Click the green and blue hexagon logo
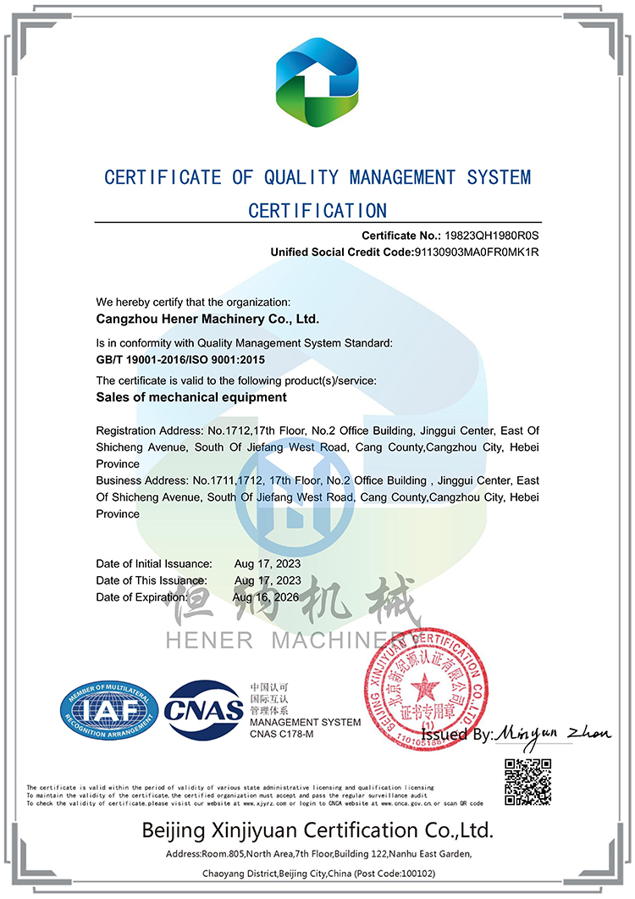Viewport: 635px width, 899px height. (317, 86)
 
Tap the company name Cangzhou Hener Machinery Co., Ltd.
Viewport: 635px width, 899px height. (207, 319)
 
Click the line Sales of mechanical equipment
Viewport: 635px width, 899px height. (191, 397)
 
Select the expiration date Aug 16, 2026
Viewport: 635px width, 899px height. (266, 597)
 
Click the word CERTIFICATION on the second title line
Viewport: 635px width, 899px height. (317, 210)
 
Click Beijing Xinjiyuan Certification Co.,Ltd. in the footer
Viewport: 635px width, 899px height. (317, 830)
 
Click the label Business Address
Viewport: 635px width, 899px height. (141, 480)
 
